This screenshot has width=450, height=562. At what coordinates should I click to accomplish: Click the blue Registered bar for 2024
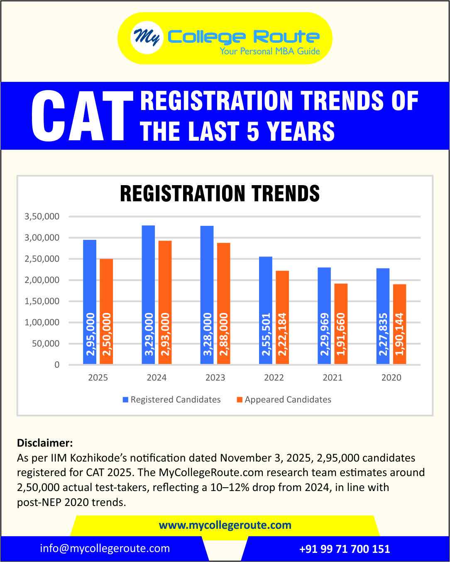point(148,295)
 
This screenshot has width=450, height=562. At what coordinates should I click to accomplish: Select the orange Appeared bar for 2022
point(282,318)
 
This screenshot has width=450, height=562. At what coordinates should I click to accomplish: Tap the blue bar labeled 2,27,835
point(383,316)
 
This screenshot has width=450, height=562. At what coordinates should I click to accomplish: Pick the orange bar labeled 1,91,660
point(341,324)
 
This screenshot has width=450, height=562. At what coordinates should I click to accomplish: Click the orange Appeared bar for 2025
point(106,311)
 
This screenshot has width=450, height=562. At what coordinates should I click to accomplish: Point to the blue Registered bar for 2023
point(207,295)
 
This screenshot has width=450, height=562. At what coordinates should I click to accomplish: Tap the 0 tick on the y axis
point(57,365)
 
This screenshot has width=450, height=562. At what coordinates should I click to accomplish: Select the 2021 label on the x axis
point(333,378)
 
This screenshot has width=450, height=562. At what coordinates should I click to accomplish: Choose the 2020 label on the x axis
point(391,378)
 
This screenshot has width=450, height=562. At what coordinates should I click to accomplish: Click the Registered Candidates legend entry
point(171,400)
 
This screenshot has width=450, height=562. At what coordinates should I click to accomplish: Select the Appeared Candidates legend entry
point(284,400)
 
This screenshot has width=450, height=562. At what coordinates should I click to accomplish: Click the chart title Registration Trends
point(220,193)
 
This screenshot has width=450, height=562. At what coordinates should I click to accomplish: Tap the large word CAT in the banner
point(79,116)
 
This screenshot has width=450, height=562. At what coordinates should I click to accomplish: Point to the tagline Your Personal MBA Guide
point(270,51)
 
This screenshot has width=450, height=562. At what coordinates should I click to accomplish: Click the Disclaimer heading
point(45,442)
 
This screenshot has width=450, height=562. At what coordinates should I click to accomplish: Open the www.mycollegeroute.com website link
point(225,525)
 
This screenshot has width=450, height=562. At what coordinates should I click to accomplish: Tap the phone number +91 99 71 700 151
point(345,549)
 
